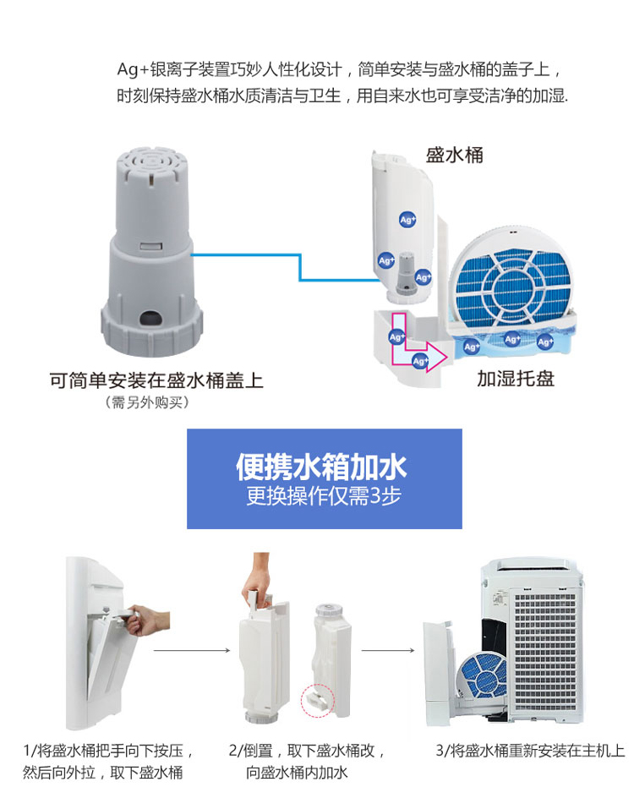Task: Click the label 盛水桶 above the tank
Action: pos(455,156)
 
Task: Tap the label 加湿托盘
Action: pos(516,378)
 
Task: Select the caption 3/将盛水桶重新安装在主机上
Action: pos(531,750)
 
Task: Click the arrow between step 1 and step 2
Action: pos(191,651)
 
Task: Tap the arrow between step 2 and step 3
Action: pos(387,651)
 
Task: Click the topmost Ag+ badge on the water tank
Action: pos(407,219)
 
